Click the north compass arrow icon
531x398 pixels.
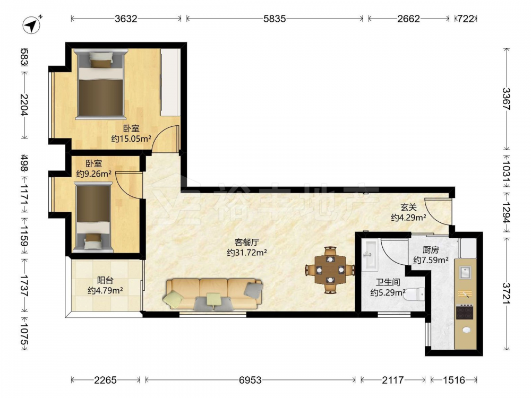point(32,25)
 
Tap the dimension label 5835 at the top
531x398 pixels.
point(275,19)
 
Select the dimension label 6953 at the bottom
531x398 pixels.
point(250,380)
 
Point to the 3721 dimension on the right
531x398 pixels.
point(506,293)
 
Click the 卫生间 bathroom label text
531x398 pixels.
point(388,282)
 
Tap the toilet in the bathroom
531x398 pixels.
point(415,293)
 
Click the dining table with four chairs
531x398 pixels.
point(330,270)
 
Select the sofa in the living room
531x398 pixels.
point(213,294)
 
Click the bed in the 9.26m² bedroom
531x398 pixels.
point(93,217)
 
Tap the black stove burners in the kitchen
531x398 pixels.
point(465,312)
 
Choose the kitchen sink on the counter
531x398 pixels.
point(465,272)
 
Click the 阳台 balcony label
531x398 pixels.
point(105,280)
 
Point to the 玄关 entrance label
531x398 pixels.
point(408,207)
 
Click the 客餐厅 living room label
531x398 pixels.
point(247,243)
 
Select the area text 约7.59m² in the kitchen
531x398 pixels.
point(431,260)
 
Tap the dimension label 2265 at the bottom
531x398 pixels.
point(105,380)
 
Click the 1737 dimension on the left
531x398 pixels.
point(24,285)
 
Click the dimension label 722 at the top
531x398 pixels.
point(466,19)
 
